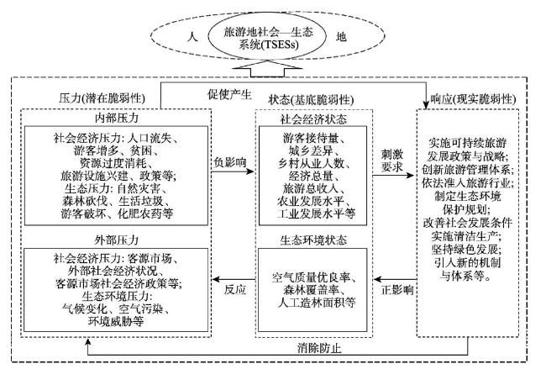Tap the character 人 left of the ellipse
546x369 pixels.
click(192, 36)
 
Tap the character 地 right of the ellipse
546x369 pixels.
click(341, 36)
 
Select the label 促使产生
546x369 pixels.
click(229, 94)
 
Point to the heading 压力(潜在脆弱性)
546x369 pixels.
click(102, 98)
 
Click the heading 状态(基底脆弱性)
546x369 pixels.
click(311, 100)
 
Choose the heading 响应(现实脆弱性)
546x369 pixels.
click(473, 99)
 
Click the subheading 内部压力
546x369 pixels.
click(116, 118)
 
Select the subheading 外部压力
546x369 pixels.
click(116, 240)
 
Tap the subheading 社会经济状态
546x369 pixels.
click(314, 119)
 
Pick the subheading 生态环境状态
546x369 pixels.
click(314, 240)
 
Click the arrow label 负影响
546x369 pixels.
click(230, 162)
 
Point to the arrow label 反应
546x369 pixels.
click(235, 289)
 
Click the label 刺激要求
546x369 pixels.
click(392, 161)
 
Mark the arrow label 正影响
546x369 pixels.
click(397, 289)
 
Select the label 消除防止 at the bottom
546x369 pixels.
click(319, 348)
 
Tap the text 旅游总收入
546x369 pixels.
click(311, 188)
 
